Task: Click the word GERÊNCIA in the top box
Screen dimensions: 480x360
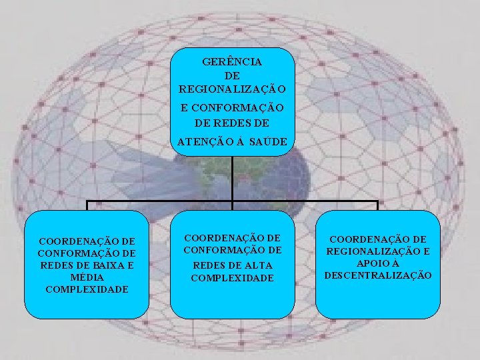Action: pyautogui.click(x=232, y=61)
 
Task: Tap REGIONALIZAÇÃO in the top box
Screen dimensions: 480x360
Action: pyautogui.click(x=232, y=89)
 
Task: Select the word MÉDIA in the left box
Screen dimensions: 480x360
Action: pyautogui.click(x=87, y=277)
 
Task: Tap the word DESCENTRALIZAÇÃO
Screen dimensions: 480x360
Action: pyautogui.click(x=378, y=275)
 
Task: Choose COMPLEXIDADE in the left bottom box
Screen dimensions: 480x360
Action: pyautogui.click(x=87, y=289)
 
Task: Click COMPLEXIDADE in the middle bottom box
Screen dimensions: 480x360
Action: pyautogui.click(x=232, y=277)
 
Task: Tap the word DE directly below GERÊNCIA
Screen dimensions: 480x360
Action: pyautogui.click(x=232, y=75)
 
